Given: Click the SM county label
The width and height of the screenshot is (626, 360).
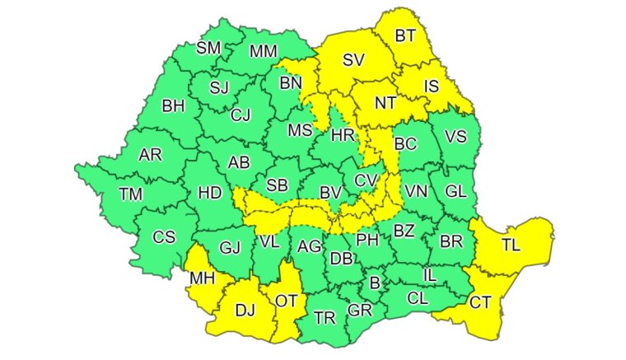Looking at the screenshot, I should (208, 48).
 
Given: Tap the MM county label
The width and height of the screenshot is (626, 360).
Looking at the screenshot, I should (263, 51).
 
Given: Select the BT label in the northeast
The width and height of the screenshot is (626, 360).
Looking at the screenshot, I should (405, 35).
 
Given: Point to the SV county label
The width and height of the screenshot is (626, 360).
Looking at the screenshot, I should (353, 59).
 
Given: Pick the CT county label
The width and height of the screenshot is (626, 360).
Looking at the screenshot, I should (480, 302).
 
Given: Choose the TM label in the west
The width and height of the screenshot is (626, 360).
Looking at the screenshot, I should (130, 194).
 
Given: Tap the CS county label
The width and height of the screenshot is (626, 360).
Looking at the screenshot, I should (164, 237).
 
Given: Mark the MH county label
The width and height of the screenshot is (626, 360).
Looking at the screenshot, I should (203, 278).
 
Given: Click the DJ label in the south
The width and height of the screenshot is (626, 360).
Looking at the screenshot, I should (245, 310).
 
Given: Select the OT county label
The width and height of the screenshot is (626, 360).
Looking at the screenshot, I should (285, 301).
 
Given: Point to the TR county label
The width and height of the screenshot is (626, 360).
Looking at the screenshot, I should (325, 317).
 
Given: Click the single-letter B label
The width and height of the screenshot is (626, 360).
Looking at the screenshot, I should (376, 284).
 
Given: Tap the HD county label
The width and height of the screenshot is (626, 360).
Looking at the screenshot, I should (210, 193).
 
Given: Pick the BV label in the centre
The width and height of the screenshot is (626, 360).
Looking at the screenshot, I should (330, 192).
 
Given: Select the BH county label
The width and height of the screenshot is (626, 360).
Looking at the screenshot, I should (174, 105).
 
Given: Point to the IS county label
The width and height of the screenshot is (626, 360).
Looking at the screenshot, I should (432, 86).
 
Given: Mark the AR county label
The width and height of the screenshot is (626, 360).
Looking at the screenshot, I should (150, 155).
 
